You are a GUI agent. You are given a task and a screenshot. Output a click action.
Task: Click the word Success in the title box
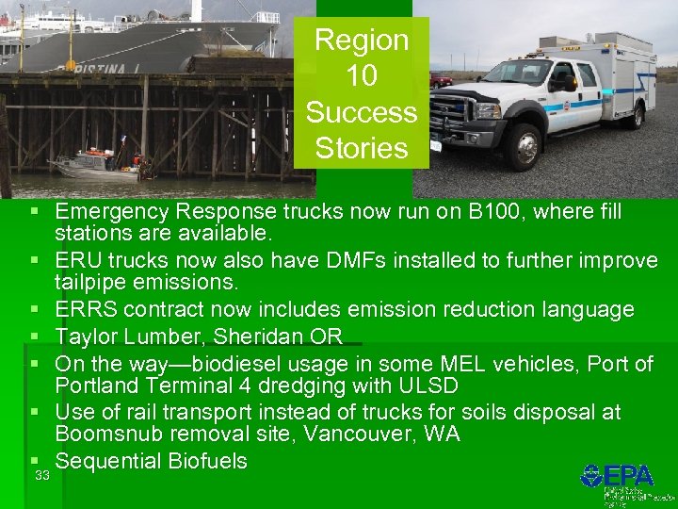tap(362, 112)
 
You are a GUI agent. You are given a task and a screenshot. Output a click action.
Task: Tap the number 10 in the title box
tap(362, 76)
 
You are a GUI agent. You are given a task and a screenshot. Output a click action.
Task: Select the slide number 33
tap(41, 475)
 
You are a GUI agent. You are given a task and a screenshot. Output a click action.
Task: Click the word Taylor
tap(85, 337)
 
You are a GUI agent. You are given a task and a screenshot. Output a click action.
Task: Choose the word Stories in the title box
tap(362, 148)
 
